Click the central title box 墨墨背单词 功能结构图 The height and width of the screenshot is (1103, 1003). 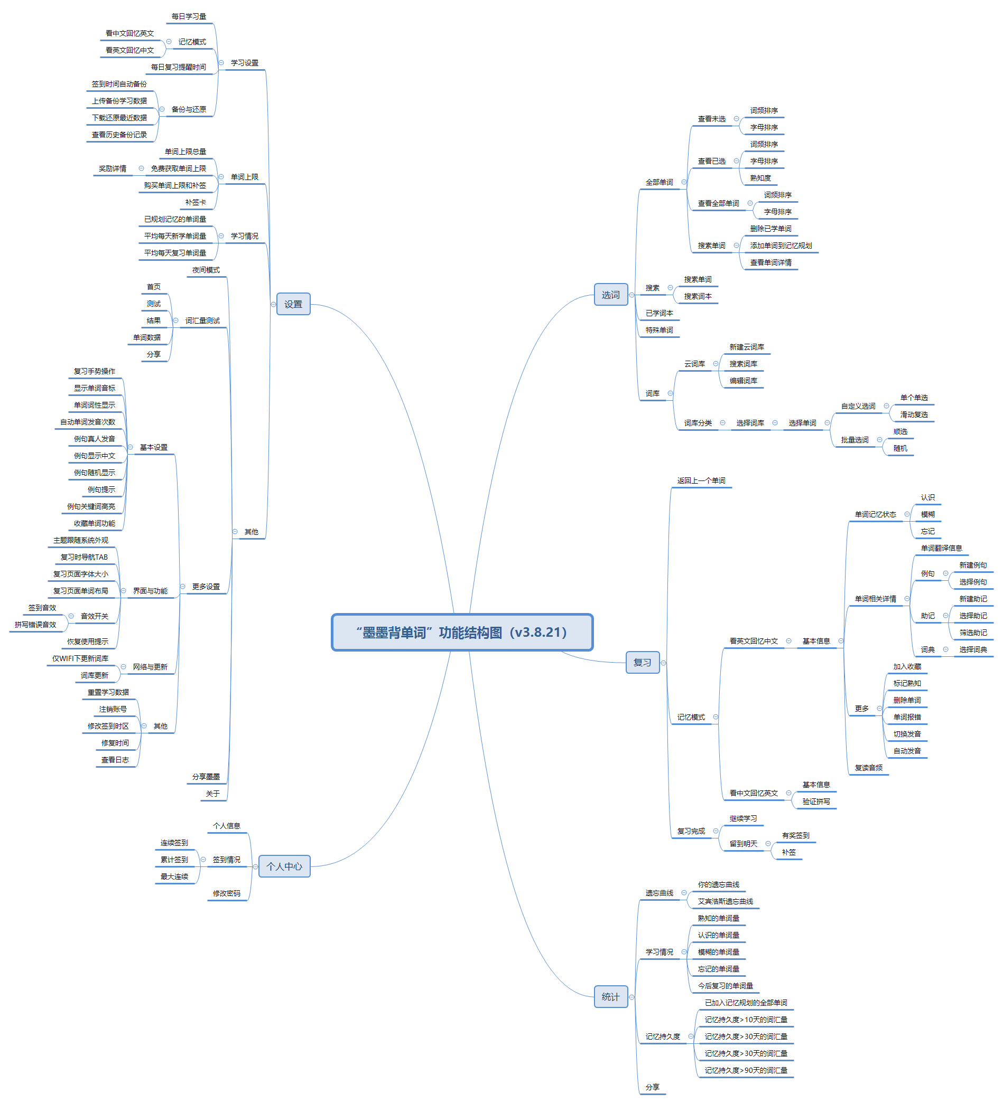point(462,633)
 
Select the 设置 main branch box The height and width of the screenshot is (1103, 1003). point(293,304)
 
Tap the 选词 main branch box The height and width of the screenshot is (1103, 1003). point(610,295)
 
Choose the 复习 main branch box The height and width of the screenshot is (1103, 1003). point(642,663)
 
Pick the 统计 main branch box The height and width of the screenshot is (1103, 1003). point(610,997)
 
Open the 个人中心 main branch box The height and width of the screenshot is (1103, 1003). point(284,866)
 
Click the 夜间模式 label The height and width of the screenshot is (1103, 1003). point(206,270)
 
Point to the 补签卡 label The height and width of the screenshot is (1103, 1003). point(196,202)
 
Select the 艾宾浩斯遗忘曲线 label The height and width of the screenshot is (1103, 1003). point(725,902)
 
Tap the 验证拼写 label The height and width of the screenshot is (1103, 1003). point(816,802)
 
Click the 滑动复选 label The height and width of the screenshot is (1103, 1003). point(914,414)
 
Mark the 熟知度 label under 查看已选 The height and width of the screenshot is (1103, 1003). point(760,178)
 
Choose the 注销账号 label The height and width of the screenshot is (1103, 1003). point(113,709)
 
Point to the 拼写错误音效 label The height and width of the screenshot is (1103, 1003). point(35,625)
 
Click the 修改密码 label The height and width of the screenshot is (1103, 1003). point(226,893)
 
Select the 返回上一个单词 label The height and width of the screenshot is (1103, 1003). point(701,480)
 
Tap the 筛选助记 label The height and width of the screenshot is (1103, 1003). point(973,633)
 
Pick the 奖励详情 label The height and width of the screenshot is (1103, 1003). point(112,168)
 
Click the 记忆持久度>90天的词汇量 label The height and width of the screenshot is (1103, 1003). point(746,1070)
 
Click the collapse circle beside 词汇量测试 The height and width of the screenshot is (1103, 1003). point(176,320)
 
